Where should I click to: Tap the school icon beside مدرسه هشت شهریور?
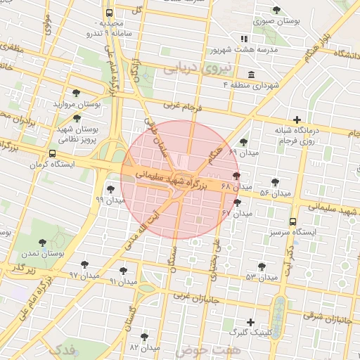point(244,39)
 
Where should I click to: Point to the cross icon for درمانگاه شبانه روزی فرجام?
point(297,120)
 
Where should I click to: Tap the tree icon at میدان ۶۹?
point(243,142)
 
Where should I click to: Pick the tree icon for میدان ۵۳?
point(262,266)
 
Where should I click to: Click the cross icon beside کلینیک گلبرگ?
point(250,321)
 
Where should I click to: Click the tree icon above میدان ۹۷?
point(84,264)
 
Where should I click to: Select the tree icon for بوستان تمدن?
point(43,242)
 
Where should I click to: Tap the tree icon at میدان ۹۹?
point(110,188)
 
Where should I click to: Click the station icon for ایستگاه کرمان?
point(53,154)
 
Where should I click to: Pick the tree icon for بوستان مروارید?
point(76,92)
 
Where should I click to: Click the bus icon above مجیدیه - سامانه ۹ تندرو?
point(109,13)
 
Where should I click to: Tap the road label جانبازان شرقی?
point(326,316)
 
